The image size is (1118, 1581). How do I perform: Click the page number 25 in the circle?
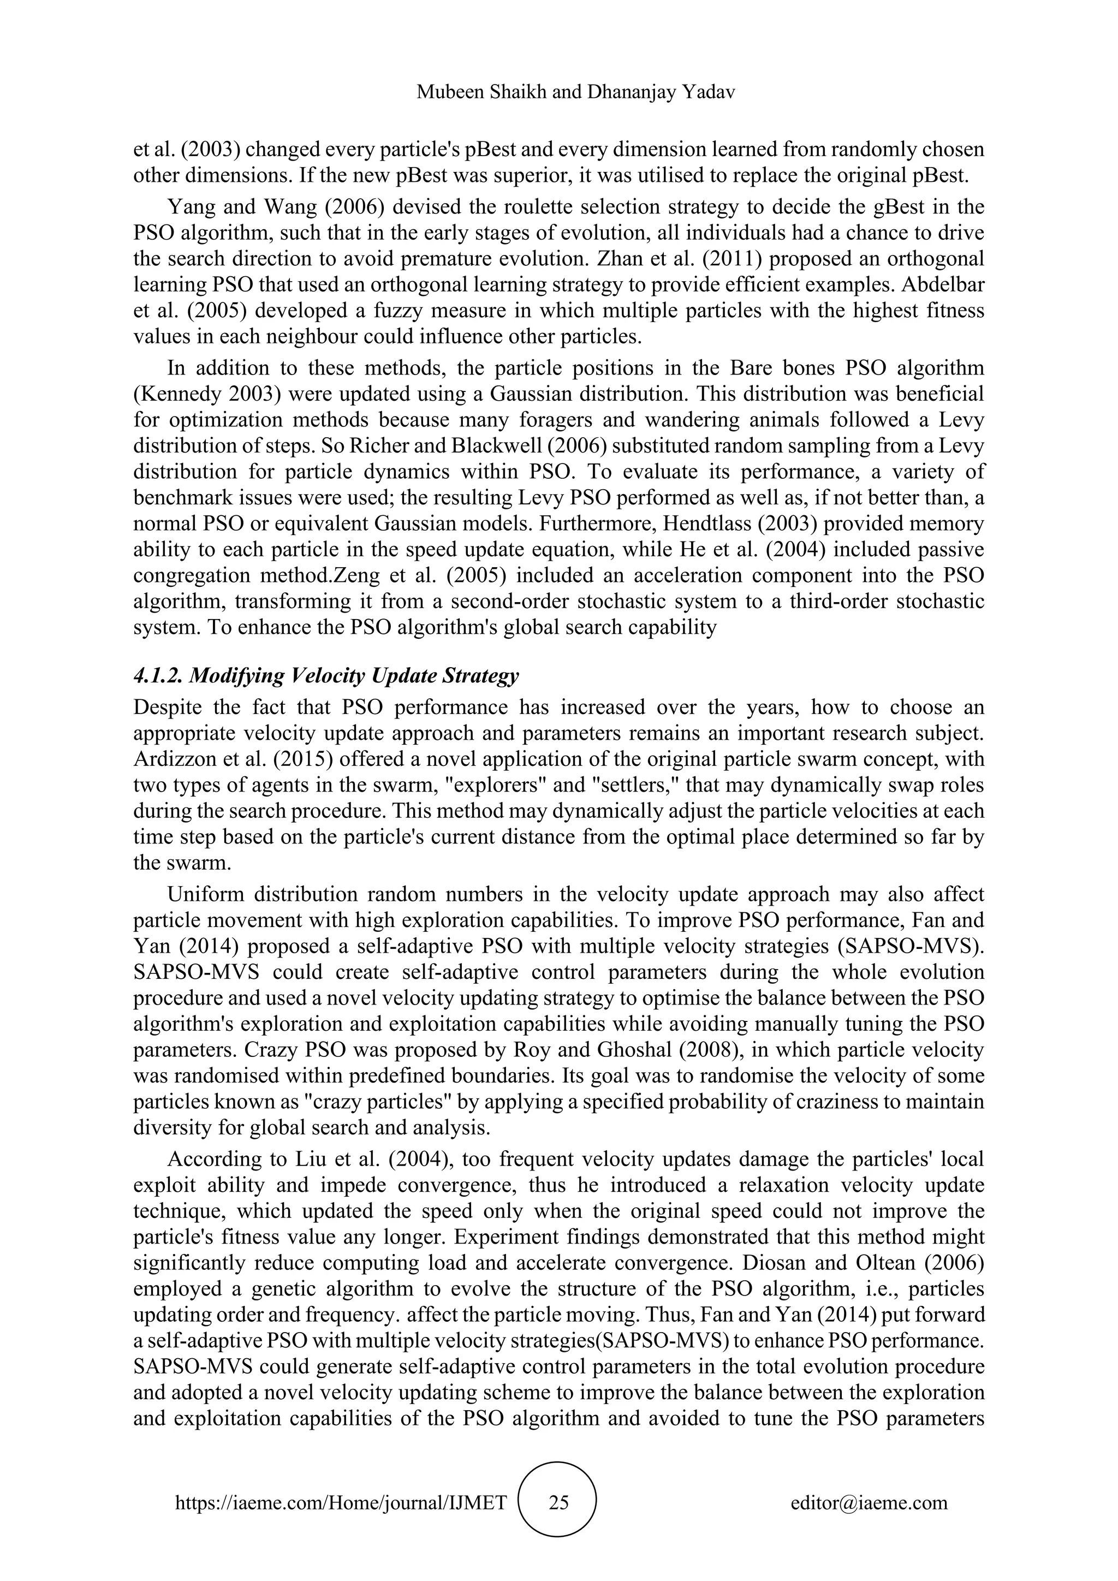pos(558,1502)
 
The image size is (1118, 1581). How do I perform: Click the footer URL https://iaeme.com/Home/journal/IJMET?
pos(341,1502)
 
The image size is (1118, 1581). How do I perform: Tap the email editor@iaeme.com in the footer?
pos(869,1502)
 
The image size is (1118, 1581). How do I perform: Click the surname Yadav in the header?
pos(709,92)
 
